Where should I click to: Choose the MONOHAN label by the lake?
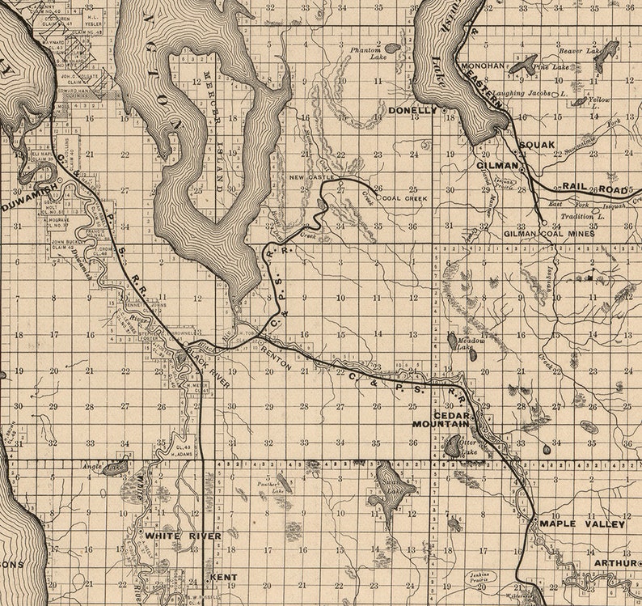[x=482, y=66]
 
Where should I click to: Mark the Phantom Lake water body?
[x=392, y=49]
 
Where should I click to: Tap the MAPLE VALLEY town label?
[x=581, y=523]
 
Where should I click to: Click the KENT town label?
[x=222, y=577]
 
